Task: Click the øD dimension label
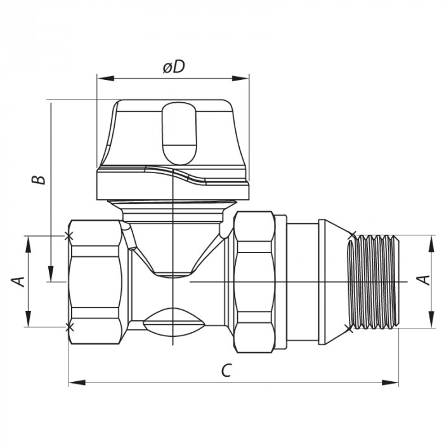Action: tap(173, 67)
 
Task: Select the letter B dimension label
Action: tap(40, 179)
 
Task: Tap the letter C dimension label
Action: tap(226, 371)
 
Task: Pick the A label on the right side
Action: tap(426, 280)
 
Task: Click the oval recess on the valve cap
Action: tap(180, 134)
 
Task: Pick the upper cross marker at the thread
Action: tap(353, 235)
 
